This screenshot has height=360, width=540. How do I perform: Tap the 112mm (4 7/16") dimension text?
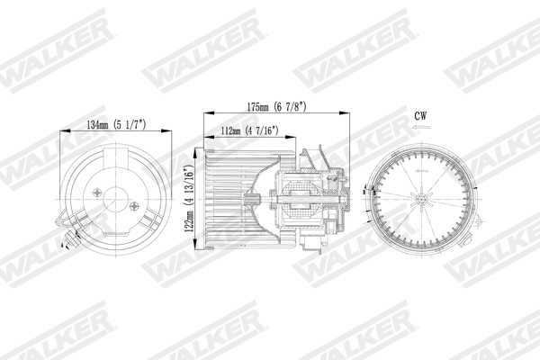(249, 131)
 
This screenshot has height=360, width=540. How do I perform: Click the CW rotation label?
(420, 116)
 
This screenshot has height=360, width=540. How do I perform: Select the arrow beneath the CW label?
(419, 129)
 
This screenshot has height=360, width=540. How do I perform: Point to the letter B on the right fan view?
(364, 190)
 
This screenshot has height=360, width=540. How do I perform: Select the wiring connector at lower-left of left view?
(69, 238)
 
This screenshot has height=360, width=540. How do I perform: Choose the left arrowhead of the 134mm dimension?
(62, 133)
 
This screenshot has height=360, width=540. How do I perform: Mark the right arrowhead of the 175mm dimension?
(348, 113)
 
